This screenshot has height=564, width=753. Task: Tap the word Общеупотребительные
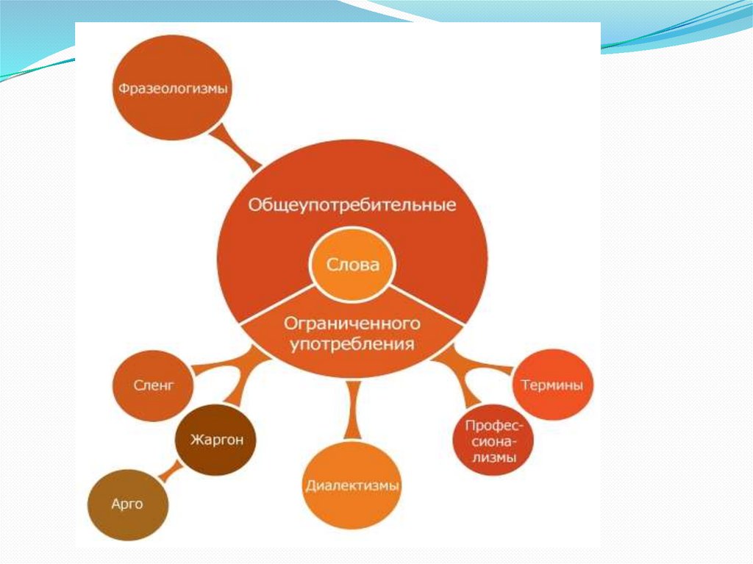351,204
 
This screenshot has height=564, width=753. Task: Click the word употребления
351,343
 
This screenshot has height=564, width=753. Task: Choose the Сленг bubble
153,385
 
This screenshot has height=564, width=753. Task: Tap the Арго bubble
127,505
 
